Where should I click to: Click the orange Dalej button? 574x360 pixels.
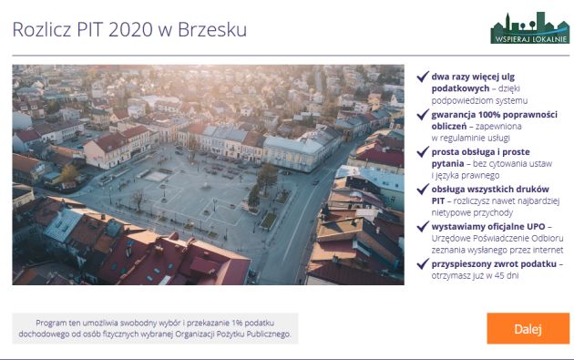(x=528, y=328)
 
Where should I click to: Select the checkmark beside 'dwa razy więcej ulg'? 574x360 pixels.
(x=422, y=77)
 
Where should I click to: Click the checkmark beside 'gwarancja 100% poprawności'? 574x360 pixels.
(x=422, y=114)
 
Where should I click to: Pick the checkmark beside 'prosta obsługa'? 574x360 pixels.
(x=422, y=151)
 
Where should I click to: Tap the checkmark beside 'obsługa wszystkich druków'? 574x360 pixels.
(x=422, y=189)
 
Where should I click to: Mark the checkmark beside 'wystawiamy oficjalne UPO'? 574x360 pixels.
(x=422, y=226)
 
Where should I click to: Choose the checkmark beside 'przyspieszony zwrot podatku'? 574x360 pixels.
(x=422, y=263)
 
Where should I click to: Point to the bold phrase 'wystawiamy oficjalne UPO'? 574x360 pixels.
(x=488, y=226)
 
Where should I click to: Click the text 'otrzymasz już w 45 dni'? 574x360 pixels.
(x=475, y=275)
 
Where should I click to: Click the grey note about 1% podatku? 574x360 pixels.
(x=155, y=328)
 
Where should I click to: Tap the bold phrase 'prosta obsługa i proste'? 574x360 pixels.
(x=480, y=151)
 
